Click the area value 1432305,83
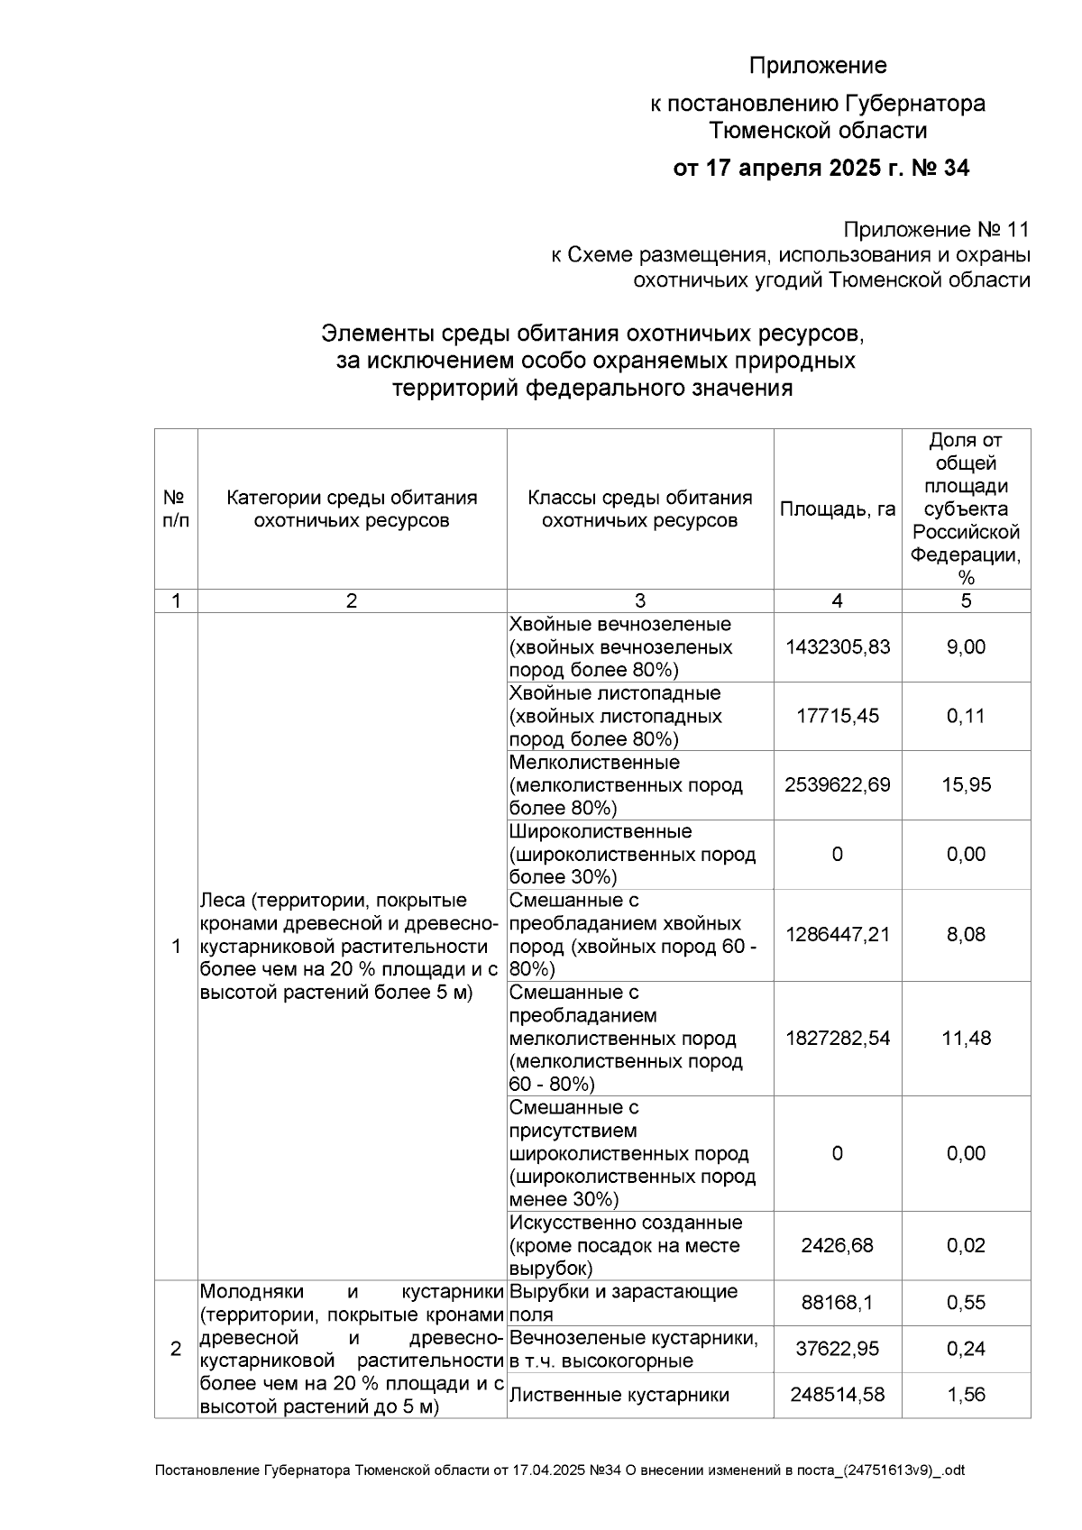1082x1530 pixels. click(x=837, y=647)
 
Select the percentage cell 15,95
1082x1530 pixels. click(x=966, y=785)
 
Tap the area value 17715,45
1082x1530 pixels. click(x=837, y=717)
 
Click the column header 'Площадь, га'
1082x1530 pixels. click(x=837, y=509)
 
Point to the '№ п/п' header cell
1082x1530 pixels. click(x=176, y=509)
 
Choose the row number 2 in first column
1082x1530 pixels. click(x=176, y=1350)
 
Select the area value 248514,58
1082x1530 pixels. click(x=837, y=1396)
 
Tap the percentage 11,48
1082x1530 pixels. click(x=966, y=1039)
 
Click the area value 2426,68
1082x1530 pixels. click(x=837, y=1246)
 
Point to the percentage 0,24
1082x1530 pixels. click(x=966, y=1350)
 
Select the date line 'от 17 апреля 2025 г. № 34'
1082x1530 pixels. click(x=821, y=169)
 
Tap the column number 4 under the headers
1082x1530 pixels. click(x=837, y=601)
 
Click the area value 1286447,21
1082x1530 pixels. click(x=837, y=935)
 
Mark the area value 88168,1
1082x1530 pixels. click(x=837, y=1304)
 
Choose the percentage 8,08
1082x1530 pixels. click(x=966, y=935)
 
